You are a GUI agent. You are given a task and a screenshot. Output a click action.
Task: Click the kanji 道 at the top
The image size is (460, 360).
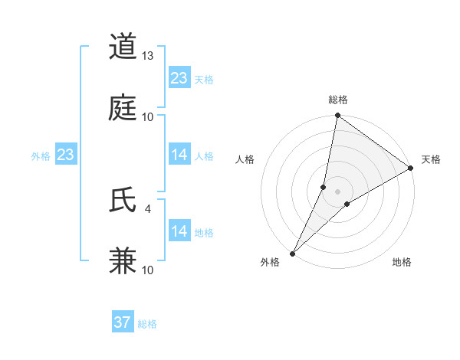pos(123,46)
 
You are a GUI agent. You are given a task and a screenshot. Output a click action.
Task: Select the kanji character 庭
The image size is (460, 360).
pos(123,108)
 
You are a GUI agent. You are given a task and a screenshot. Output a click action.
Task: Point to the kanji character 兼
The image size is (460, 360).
pos(123,261)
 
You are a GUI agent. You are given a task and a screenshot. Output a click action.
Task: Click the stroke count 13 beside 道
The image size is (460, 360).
pos(148,55)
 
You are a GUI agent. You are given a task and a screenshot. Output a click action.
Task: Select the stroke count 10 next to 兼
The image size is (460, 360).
pos(148,270)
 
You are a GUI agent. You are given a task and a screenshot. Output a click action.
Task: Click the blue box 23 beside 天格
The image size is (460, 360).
pos(179,78)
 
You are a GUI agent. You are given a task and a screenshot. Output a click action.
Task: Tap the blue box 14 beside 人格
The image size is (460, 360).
pos(179,155)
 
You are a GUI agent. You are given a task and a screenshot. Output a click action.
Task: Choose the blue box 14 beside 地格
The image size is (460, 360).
pos(179,231)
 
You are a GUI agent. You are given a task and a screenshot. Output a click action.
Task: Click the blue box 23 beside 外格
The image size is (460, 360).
pos(66,155)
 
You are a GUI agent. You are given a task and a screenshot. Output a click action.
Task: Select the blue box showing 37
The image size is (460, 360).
pos(123,322)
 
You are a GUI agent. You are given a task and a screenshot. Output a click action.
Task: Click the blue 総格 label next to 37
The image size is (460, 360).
pos(147,324)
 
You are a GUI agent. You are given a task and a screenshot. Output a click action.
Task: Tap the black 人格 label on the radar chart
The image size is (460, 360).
pos(245,159)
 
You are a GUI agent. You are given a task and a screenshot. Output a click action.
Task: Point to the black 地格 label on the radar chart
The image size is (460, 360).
pos(402,262)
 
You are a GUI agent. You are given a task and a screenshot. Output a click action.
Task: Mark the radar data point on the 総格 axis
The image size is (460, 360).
pos(337,116)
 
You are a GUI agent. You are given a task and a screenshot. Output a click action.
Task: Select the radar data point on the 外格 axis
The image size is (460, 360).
pos(292,253)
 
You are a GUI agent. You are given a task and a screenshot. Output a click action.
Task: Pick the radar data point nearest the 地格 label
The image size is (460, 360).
pos(347,204)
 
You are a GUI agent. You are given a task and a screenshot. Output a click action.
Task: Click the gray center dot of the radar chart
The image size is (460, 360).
pos(337,191)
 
